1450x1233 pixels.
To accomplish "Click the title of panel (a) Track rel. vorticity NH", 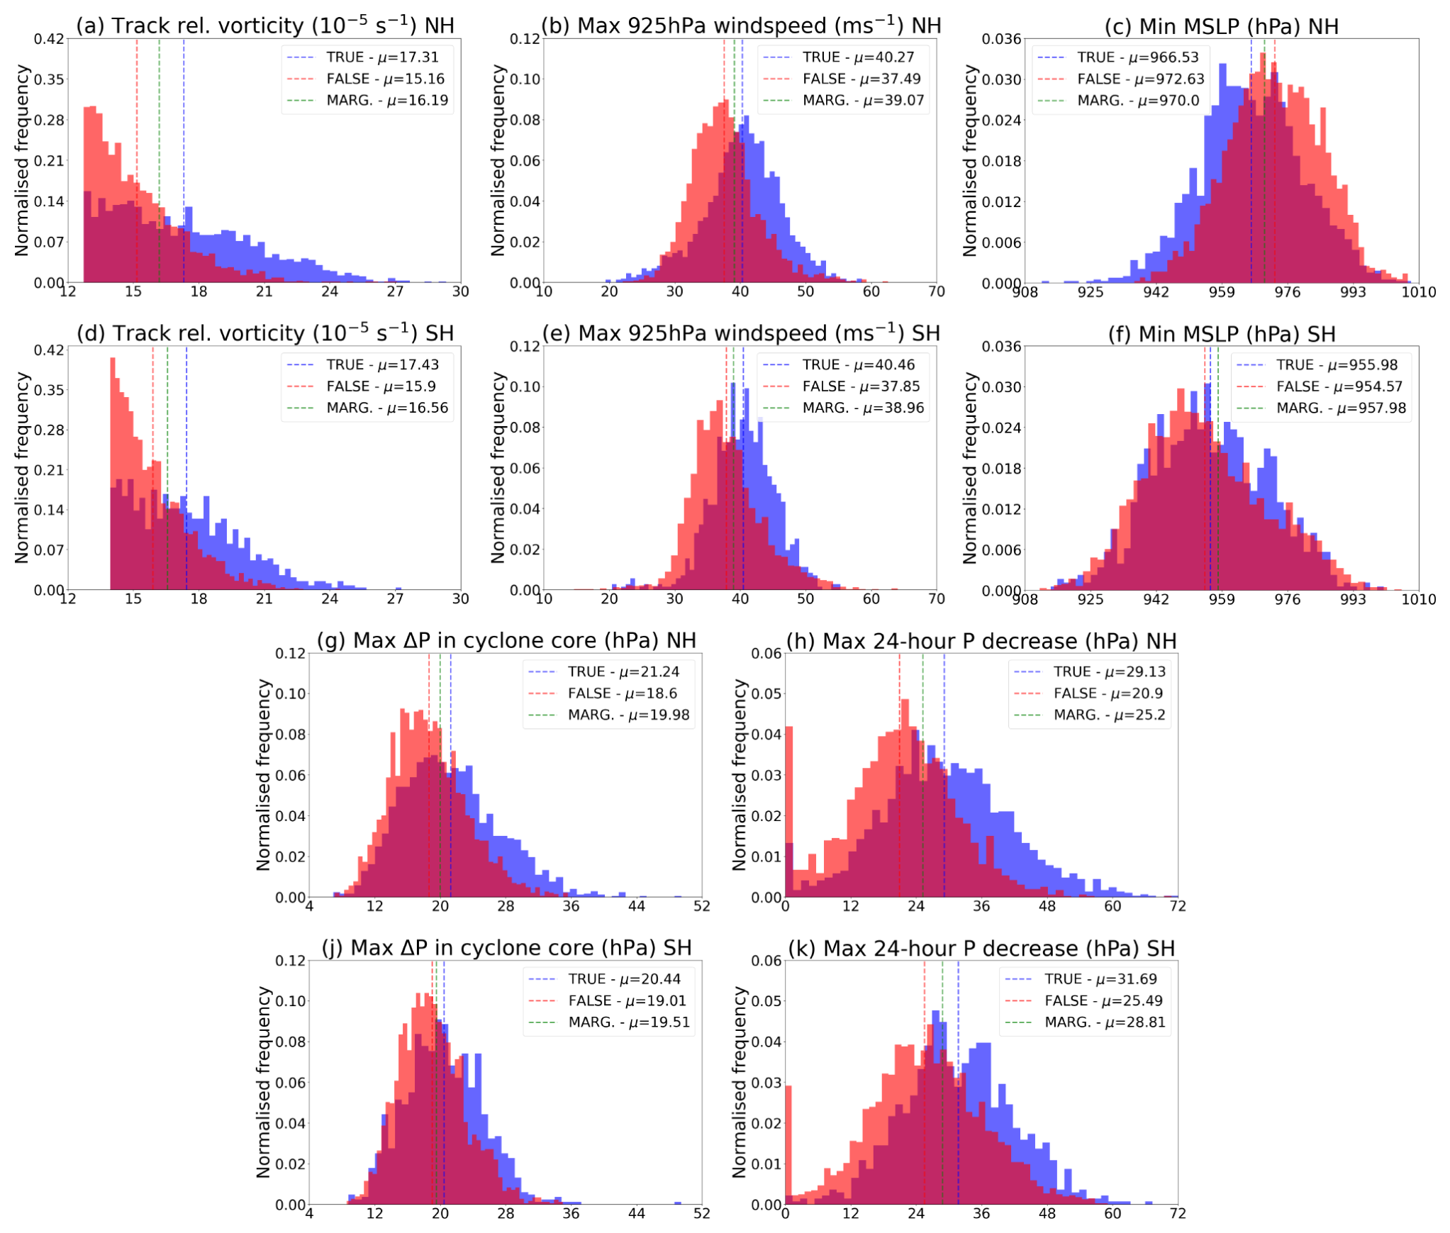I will (x=264, y=26).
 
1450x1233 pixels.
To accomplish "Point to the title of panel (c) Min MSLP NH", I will (x=1221, y=26).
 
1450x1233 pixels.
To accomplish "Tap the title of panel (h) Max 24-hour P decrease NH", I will (x=981, y=641).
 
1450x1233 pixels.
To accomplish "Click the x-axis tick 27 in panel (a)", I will (x=395, y=291).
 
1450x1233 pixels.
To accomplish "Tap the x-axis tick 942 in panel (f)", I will (x=1156, y=599).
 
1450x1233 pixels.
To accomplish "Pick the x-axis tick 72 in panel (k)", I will (x=1177, y=1213).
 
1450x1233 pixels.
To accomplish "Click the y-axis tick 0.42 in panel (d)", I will (x=49, y=350).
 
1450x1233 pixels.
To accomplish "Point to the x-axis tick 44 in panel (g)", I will (x=636, y=906).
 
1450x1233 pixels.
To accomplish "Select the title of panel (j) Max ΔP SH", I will (x=506, y=948).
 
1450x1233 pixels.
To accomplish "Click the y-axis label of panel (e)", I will (x=498, y=468).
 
